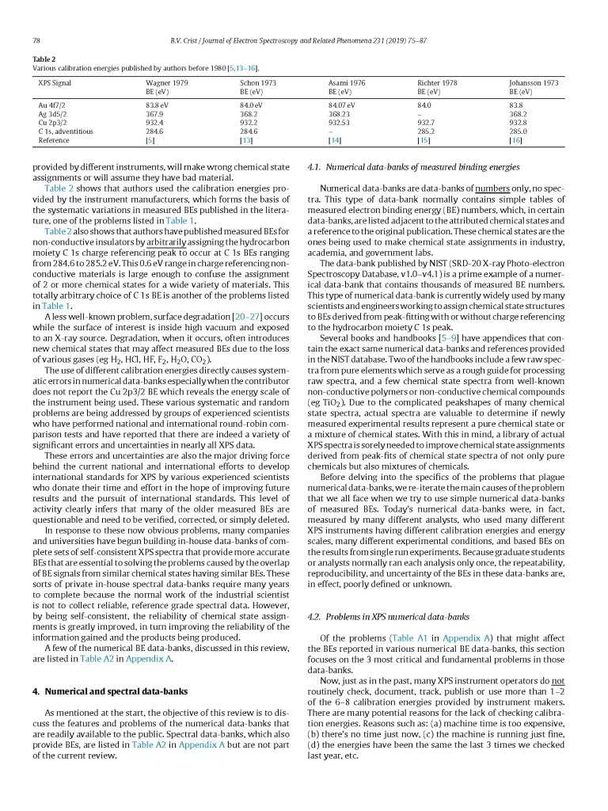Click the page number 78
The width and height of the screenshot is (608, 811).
pyautogui.click(x=36, y=40)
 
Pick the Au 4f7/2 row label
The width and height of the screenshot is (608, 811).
pyautogui.click(x=53, y=105)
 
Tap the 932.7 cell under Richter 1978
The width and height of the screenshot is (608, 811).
pyautogui.click(x=425, y=122)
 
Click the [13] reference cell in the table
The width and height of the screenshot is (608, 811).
pyautogui.click(x=245, y=140)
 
